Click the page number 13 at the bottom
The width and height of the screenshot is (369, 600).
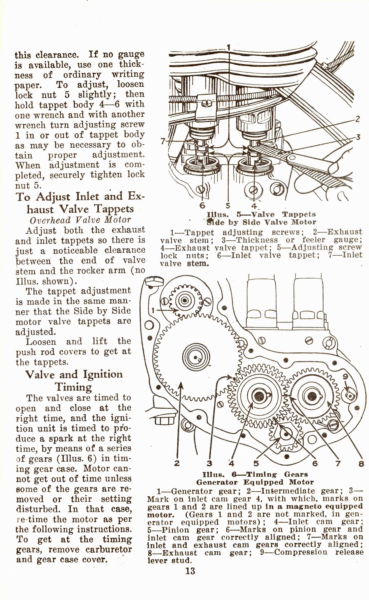pos(190,571)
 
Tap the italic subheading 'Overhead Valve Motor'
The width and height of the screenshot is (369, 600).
pos(80,220)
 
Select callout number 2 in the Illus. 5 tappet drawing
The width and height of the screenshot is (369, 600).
pos(357,119)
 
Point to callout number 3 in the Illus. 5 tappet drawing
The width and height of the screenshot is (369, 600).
pos(358,137)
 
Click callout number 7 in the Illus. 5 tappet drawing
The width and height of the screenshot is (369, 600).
pos(163,141)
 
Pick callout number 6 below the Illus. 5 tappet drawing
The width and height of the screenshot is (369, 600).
pos(202,205)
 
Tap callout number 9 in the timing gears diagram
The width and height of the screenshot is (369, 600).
pos(345,376)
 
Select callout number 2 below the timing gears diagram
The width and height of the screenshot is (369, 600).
pos(177,463)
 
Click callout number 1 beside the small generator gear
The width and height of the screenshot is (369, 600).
pos(154,310)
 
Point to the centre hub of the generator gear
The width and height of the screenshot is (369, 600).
pos(184,301)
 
